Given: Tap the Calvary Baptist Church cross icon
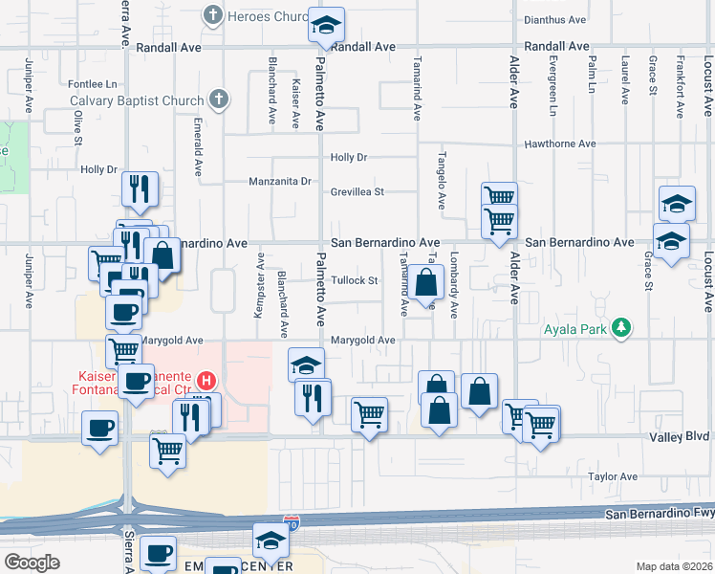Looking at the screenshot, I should click(x=219, y=99).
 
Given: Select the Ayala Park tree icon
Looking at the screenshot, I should click(x=622, y=328).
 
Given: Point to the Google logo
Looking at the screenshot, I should click(x=32, y=563).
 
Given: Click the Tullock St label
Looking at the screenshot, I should click(x=356, y=281).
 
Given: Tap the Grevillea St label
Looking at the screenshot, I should click(x=357, y=191).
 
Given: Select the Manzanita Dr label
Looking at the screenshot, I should click(x=280, y=181).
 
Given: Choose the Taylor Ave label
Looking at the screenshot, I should click(x=613, y=476).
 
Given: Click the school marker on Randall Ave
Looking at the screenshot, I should click(x=326, y=26).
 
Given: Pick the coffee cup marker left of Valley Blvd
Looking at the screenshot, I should click(x=99, y=428).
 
